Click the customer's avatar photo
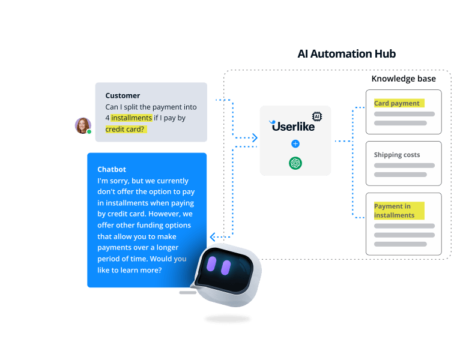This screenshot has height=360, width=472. [82, 125]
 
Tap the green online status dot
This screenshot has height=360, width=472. [89, 131]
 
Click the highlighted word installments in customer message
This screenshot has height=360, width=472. [132, 118]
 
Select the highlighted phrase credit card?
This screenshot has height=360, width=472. [126, 129]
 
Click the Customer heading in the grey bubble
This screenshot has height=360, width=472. [123, 95]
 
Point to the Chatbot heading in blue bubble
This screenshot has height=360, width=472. [112, 169]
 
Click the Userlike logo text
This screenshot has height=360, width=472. [293, 126]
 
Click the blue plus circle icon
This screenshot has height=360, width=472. [295, 144]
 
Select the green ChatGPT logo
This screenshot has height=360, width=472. [295, 163]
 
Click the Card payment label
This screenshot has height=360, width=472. [397, 103]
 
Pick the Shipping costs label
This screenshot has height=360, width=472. [397, 155]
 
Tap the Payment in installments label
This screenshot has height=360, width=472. [395, 211]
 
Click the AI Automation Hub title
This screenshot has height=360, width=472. [346, 54]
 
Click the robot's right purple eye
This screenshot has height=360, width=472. [225, 268]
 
